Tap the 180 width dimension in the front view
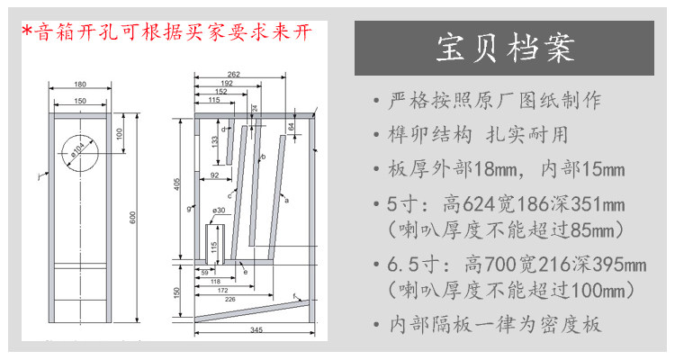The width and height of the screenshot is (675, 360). coord(81,85)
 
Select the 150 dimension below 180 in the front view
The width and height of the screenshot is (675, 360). coord(81,101)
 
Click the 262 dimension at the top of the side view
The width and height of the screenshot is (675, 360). coord(233,75)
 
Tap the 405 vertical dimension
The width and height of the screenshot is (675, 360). coord(179,184)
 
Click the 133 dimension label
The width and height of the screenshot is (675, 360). coord(214,142)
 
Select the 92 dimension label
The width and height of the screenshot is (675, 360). coord(215,175)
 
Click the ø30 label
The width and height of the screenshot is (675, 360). coord(218,210)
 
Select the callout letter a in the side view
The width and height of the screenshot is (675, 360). coord(286,201)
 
